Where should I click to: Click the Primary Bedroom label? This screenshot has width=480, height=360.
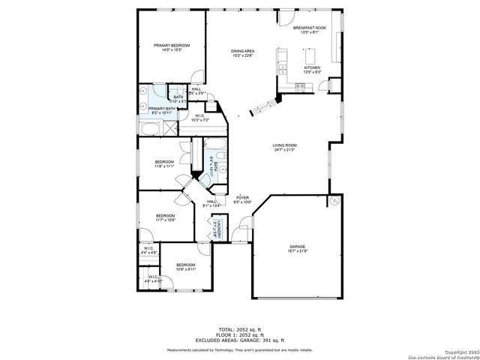tap(172, 46)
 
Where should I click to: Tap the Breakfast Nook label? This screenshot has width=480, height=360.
tap(313, 28)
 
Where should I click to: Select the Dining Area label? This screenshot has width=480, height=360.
tap(242, 50)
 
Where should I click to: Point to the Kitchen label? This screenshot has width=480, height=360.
tap(312, 67)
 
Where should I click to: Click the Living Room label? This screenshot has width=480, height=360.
tap(285, 145)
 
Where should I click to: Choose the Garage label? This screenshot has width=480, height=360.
tap(298, 246)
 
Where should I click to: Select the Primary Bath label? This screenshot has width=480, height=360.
tap(161, 109)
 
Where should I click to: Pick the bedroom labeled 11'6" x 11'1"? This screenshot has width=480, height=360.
tap(164, 162)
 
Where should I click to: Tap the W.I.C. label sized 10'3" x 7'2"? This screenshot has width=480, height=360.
tap(199, 115)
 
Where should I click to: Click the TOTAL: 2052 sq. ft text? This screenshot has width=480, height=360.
tap(241, 329)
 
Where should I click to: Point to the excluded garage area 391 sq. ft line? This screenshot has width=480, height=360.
tap(241, 340)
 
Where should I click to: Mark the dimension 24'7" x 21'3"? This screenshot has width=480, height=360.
tap(285, 149)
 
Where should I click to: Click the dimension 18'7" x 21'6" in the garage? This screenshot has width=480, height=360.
tap(298, 250)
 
